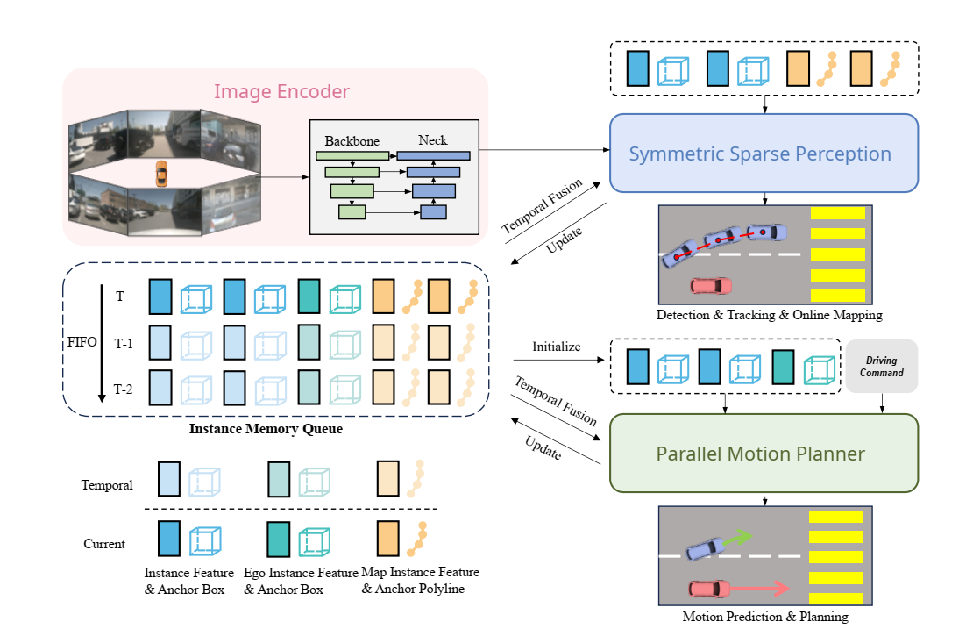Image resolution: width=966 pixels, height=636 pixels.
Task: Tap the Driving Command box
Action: [881, 366]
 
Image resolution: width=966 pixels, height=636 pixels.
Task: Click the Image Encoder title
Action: [281, 91]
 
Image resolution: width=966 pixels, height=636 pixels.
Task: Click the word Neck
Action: [432, 139]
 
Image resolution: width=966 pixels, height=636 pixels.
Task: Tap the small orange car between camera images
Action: [160, 174]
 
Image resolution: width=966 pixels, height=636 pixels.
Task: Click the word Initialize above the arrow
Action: [557, 347]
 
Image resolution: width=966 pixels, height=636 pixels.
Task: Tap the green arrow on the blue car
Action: [739, 536]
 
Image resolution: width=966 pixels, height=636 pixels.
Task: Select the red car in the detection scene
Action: [711, 285]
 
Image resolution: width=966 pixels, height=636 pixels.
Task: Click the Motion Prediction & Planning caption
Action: [765, 617]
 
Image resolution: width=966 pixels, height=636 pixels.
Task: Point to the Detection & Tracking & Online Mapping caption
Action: [768, 314]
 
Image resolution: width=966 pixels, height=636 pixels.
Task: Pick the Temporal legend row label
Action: [107, 484]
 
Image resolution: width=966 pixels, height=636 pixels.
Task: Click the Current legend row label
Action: [104, 544]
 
